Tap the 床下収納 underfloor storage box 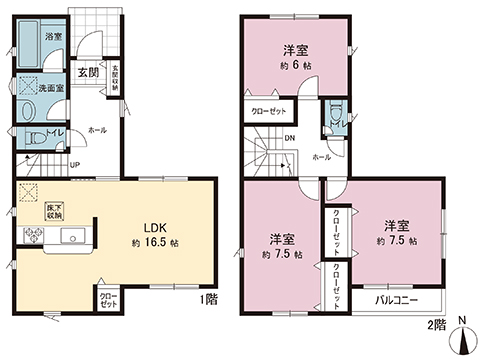click(x=54, y=210)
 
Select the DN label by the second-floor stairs click(x=290, y=139)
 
